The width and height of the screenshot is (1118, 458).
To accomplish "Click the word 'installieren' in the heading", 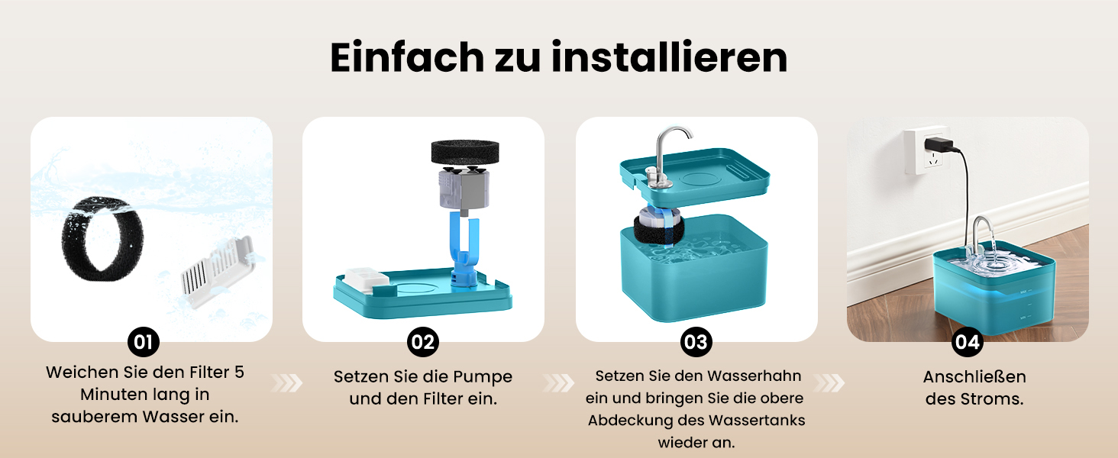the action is [669, 57].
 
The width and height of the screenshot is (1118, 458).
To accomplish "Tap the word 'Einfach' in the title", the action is [407, 57].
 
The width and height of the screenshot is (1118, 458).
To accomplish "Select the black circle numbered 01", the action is [144, 342].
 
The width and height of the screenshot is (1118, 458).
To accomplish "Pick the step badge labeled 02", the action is [423, 342].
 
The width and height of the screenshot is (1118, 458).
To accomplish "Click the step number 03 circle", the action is [696, 342].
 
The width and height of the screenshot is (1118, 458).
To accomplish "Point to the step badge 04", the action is [968, 342].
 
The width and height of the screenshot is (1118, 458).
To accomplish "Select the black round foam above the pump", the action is [465, 152].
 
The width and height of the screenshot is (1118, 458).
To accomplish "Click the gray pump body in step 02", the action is [464, 189].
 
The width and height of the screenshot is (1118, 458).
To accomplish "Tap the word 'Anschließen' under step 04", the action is [974, 376].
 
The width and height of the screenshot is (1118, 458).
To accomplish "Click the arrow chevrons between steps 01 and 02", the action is [287, 383].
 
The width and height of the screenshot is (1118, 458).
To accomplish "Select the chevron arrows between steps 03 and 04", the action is [829, 383].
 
